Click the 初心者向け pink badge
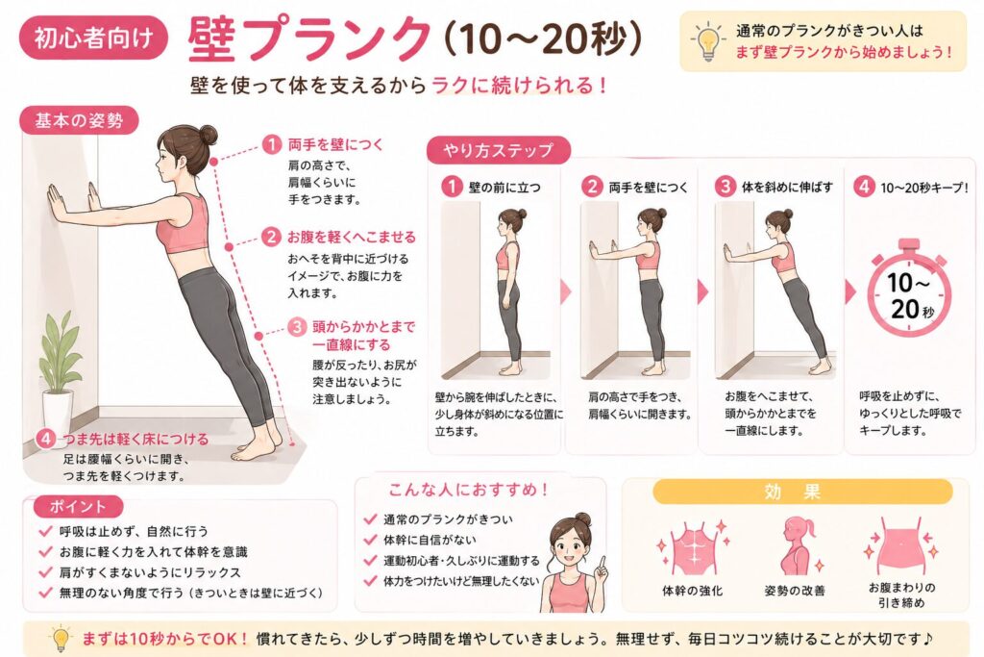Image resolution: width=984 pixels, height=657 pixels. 93,38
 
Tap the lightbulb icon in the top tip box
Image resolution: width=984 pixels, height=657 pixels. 708,41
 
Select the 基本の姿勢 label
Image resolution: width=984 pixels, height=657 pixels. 79,120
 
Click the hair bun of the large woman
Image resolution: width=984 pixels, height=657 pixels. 207,134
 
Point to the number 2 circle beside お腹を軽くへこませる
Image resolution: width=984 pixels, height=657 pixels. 271,237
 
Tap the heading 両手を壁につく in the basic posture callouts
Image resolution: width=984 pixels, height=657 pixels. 335,144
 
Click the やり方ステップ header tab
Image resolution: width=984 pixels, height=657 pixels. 499,150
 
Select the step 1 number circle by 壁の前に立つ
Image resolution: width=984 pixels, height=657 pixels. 452,187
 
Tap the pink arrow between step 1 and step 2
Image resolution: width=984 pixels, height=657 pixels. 565,291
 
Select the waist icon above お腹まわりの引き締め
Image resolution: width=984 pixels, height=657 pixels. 901,545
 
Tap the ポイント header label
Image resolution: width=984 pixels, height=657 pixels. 78,506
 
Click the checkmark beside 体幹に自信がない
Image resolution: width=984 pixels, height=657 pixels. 370,540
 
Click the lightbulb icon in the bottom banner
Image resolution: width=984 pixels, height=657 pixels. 61,639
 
